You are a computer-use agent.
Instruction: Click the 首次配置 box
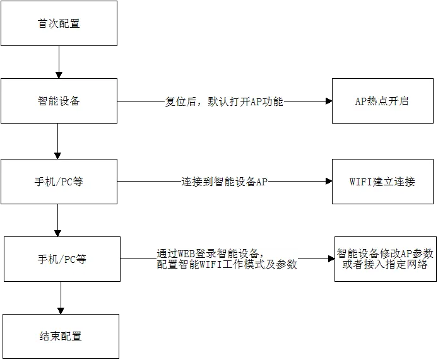click(x=59, y=23)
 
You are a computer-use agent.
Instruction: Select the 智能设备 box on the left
click(x=59, y=101)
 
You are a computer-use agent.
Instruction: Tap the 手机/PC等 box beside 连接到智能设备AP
click(x=59, y=182)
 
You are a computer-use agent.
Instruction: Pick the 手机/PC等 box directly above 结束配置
click(x=62, y=259)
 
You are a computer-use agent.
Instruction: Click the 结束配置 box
click(x=61, y=336)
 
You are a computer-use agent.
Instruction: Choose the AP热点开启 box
click(x=382, y=101)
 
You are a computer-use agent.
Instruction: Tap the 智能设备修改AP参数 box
click(x=385, y=253)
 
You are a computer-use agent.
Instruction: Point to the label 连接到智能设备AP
click(x=225, y=182)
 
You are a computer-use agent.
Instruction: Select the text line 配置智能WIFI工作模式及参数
click(x=227, y=265)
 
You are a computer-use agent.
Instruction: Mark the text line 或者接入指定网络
click(x=385, y=265)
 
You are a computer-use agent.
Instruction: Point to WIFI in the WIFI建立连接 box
click(x=360, y=182)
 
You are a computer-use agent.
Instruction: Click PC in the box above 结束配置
click(x=69, y=259)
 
